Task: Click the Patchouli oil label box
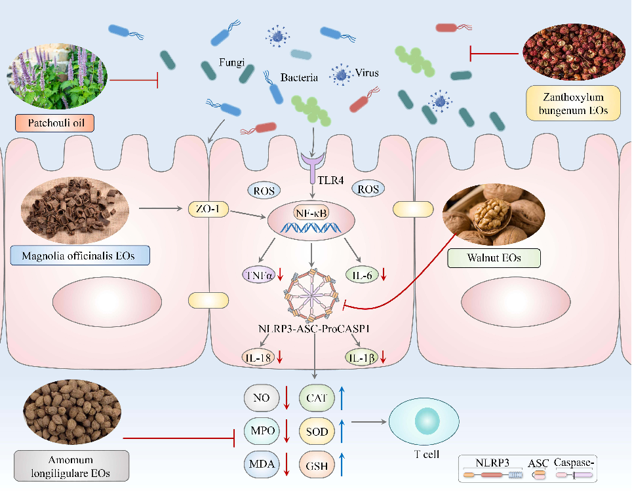(56, 123)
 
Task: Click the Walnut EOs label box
(494, 257)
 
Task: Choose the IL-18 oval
(256, 357)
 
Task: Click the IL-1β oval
(361, 357)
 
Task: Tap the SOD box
(317, 431)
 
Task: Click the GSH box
(317, 465)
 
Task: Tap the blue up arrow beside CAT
(342, 396)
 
